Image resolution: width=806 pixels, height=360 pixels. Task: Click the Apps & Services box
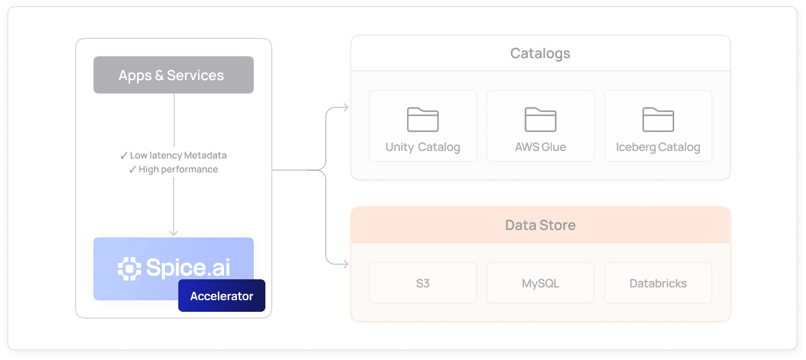coord(173,75)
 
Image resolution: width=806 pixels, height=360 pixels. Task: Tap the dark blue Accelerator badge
coord(221,296)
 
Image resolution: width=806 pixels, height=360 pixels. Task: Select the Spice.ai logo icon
coord(129,268)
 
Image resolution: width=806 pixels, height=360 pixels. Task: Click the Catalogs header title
coord(540,53)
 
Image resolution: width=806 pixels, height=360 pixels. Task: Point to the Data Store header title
coord(540,225)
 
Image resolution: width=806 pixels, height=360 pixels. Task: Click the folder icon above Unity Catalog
coord(423,120)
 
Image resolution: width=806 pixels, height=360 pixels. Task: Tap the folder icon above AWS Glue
coord(540,120)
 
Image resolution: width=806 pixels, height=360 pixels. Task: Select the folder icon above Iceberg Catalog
coord(658,120)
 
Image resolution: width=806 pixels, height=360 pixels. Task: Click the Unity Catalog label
coord(423,147)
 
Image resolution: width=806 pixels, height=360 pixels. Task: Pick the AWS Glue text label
coord(540,147)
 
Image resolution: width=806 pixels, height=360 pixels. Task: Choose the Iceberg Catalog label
coord(658,147)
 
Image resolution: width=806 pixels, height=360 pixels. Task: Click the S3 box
coord(423,283)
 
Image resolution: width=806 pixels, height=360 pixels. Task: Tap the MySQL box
coord(540,283)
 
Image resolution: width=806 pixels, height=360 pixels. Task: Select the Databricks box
coord(658,283)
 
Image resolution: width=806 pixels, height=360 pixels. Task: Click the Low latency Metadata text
coord(178,156)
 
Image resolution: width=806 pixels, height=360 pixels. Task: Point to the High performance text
coord(178,170)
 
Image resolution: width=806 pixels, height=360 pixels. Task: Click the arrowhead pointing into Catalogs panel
coord(346,107)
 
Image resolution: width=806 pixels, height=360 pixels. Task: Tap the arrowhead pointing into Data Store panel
coord(346,265)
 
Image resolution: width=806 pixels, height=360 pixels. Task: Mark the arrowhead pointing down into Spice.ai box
coord(173,232)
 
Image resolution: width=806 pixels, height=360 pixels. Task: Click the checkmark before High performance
coord(132,170)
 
